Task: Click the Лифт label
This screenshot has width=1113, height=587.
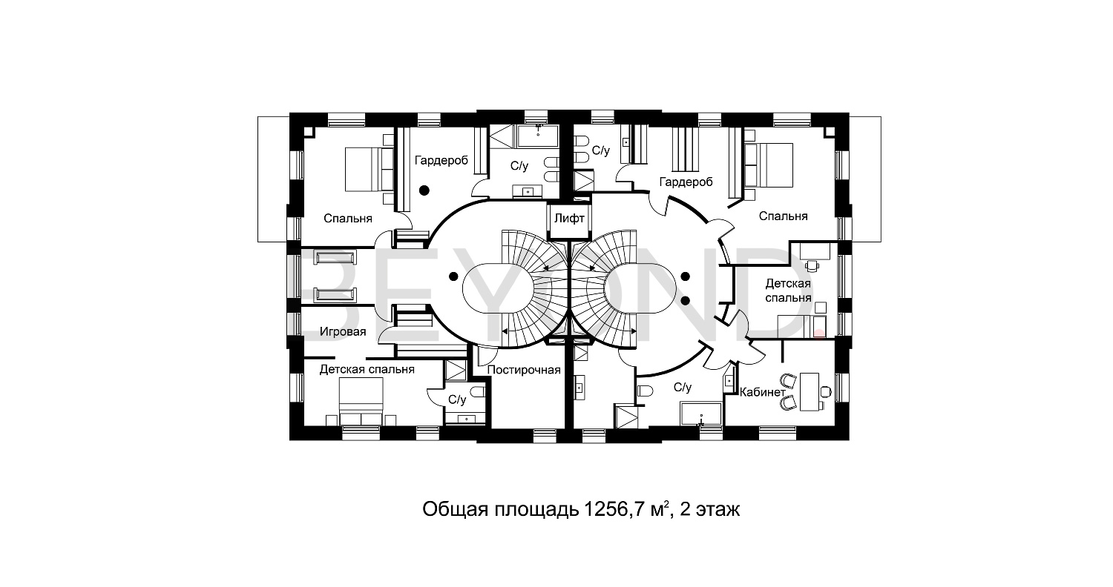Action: coord(569,219)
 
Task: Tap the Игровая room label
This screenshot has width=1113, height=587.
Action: coord(343,332)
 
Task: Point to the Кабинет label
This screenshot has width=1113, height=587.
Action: coord(764,391)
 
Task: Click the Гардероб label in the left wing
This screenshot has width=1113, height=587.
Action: coord(441,159)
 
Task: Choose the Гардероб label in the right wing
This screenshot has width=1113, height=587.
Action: coord(686,181)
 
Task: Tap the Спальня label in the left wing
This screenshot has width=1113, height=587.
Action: coord(348,219)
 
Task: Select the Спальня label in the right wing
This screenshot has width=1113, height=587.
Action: coord(783,216)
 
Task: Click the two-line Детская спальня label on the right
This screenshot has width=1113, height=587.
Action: coord(788,291)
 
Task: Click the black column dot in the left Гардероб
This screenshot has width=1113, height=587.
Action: coord(424,190)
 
